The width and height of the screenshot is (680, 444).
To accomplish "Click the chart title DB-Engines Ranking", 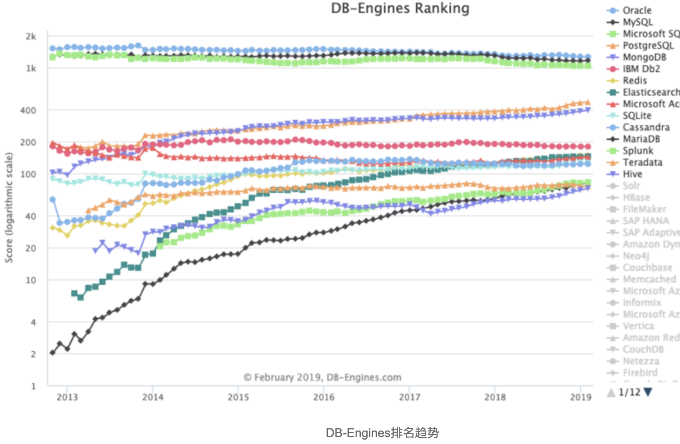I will coord(400,8).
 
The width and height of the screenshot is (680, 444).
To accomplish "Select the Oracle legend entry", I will coord(637,10).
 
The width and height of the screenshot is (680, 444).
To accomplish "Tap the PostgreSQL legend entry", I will coord(648,46).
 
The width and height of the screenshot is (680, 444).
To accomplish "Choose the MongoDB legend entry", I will coord(644,57).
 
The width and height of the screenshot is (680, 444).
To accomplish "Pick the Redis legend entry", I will coord(634,81).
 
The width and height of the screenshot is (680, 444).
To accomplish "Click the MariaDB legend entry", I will coord(641,139).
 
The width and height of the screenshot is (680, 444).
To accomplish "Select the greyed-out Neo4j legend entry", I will coord(636,256).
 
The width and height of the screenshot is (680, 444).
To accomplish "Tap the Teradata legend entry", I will coord(642,162).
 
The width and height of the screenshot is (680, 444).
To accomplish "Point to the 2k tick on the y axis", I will coord(31,36).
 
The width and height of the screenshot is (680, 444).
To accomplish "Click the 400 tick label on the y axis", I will coord(28,110).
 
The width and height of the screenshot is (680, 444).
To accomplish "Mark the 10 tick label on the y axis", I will coord(30,280).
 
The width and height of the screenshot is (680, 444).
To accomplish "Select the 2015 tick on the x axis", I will coord(239,397).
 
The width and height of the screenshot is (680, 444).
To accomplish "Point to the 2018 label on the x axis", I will coord(495,397).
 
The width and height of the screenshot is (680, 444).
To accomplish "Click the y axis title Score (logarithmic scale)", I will coord(9,208).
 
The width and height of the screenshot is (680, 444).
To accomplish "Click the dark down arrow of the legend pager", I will coord(648,392).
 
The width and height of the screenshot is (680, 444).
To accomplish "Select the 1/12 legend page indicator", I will coord(629,392).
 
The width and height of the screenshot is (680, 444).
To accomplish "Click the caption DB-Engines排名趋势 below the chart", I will coord(382,433).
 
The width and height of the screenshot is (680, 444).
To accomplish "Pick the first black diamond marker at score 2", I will coord(52,353).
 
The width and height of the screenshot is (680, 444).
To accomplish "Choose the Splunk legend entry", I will coord(637,151).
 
